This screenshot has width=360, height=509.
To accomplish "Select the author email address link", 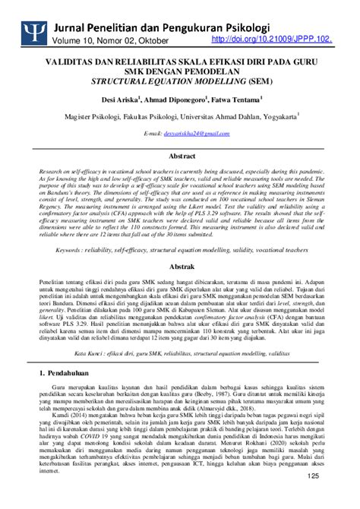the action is click(x=192, y=133).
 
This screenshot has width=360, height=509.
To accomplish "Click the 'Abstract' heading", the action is click(x=179, y=154).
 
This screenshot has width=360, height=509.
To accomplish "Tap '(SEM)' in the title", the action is click(x=257, y=79).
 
